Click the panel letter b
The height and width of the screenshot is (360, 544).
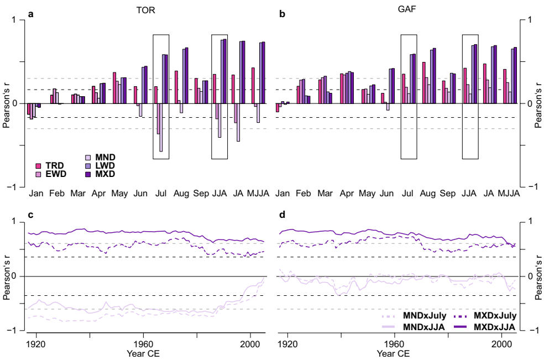pyautogui.click(x=282, y=14)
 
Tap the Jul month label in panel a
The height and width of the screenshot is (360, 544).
pyautogui.click(x=161, y=195)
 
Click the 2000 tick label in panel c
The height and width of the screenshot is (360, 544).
pyautogui.click(x=250, y=343)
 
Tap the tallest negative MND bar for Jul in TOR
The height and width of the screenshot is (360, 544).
pyautogui.click(x=161, y=127)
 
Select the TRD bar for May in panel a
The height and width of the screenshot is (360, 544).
pyautogui.click(x=114, y=88)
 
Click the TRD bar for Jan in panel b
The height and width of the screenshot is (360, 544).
pyautogui.click(x=278, y=107)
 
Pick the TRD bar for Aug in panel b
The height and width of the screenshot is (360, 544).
pyautogui.click(x=424, y=83)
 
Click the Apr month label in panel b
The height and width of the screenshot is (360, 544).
pyautogui.click(x=347, y=195)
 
